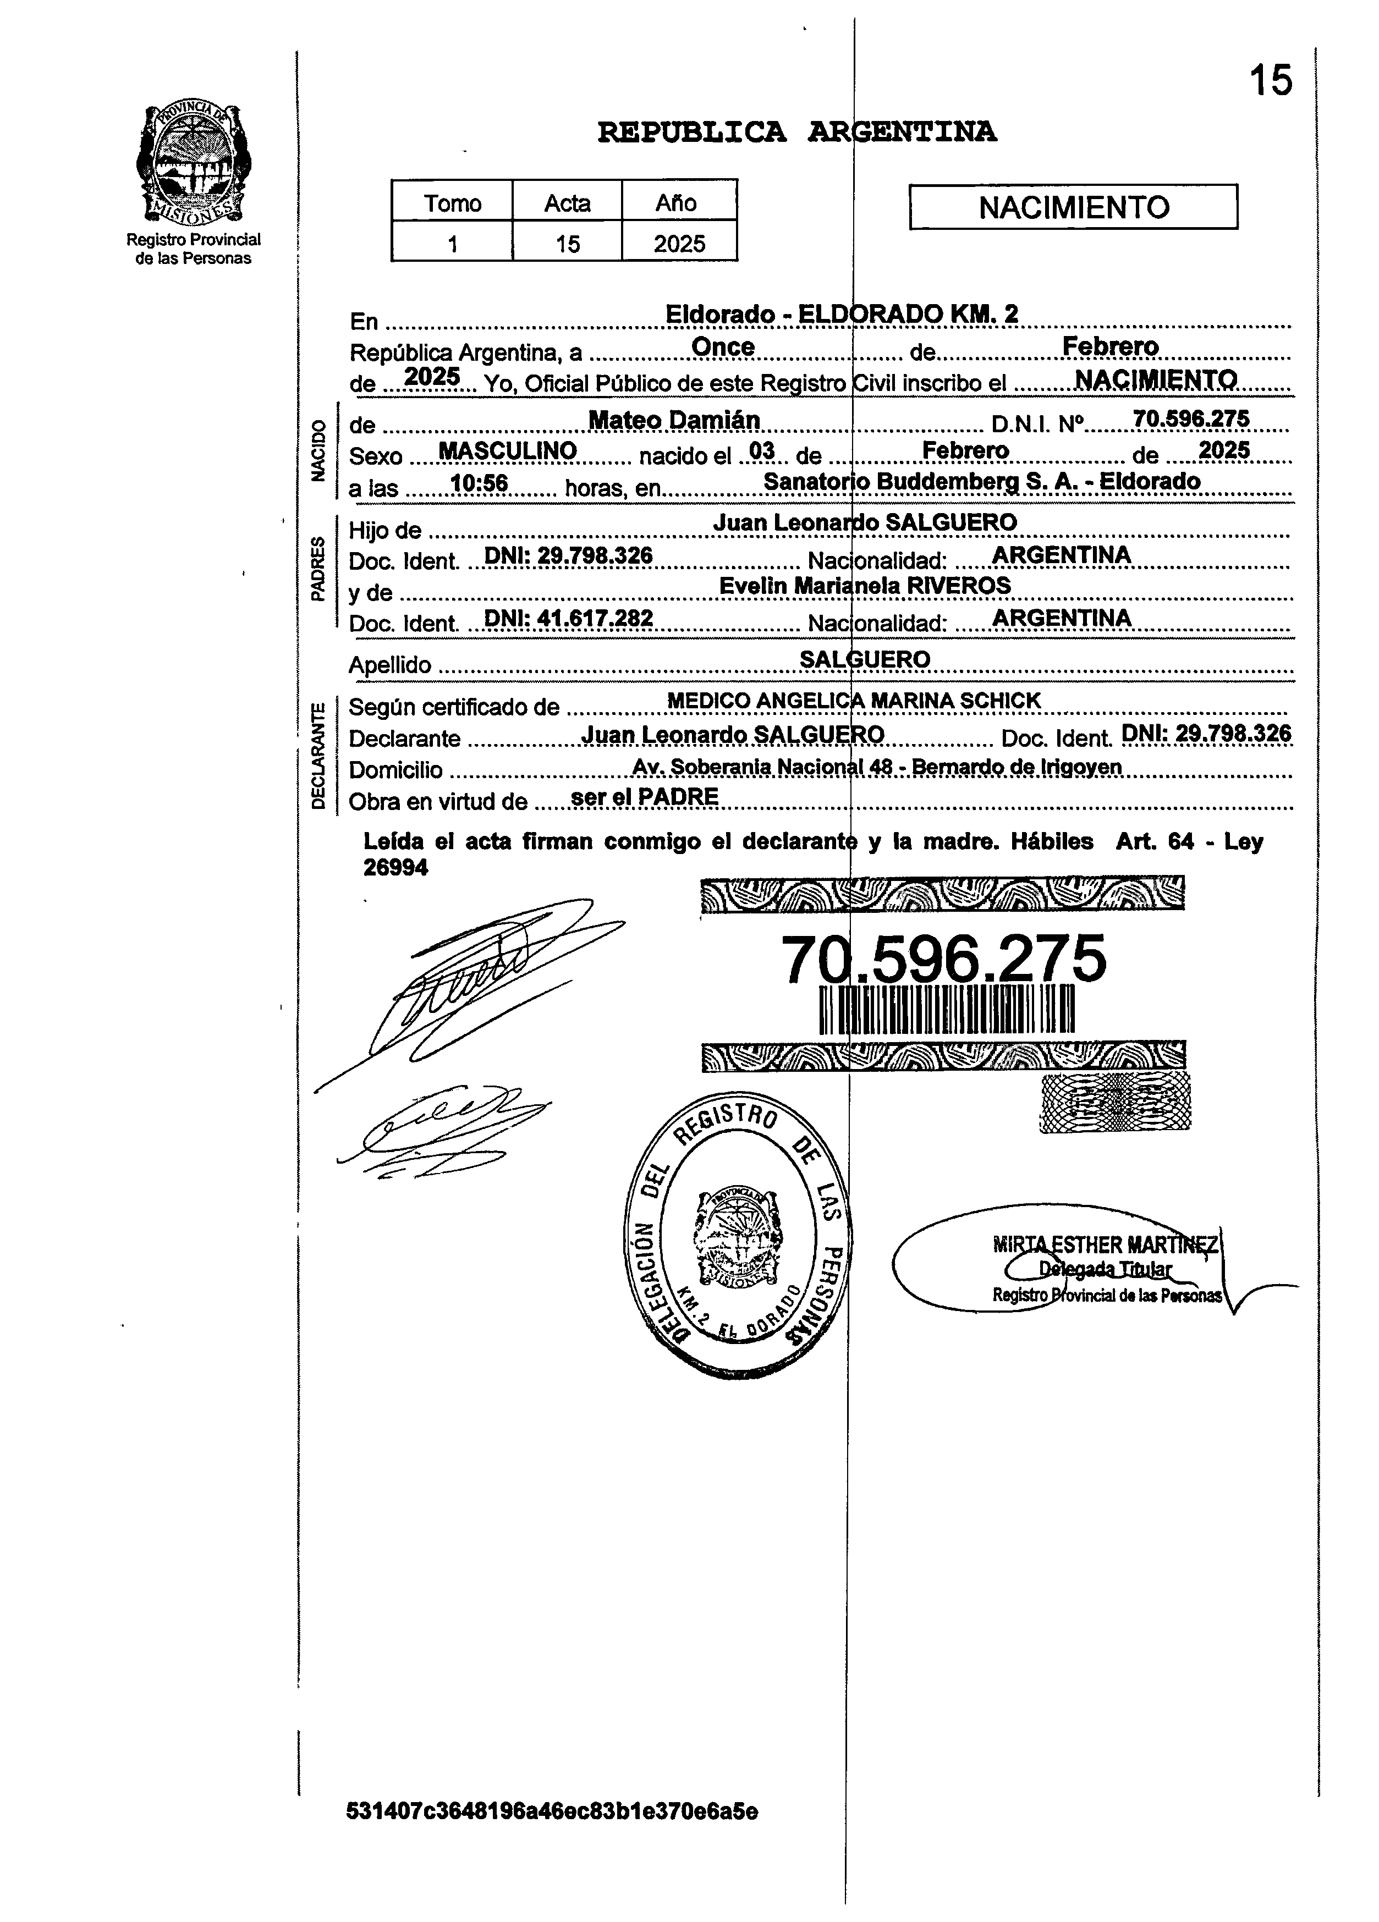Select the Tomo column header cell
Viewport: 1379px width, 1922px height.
[453, 203]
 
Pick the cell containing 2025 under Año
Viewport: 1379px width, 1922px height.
[679, 244]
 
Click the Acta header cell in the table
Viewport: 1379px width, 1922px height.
[567, 203]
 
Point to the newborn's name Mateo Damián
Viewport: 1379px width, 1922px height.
[674, 420]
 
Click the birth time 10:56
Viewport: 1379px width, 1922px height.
[479, 484]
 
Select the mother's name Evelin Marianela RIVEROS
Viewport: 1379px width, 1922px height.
[865, 586]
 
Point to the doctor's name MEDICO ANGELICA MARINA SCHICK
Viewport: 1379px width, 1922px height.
[854, 701]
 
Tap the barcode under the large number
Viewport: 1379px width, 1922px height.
[946, 1009]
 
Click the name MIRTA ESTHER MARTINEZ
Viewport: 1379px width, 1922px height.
[1105, 1245]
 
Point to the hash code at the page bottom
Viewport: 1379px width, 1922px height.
[552, 1812]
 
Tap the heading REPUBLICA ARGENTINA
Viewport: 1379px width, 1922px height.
[796, 132]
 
